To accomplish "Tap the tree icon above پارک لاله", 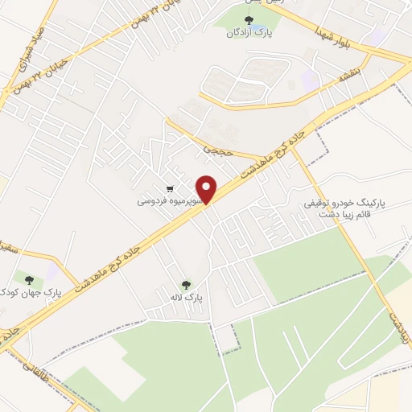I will (187, 284).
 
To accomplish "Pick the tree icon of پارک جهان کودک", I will (30, 279).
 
